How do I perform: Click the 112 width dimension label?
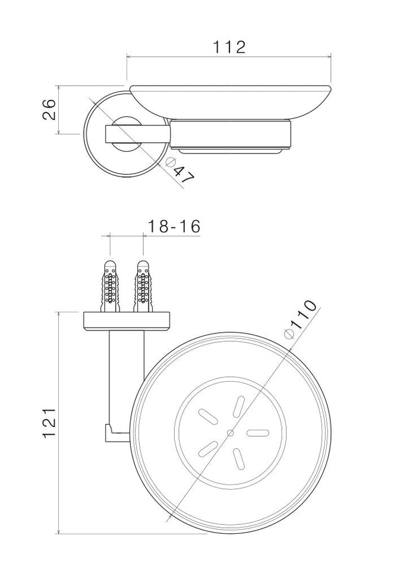pyautogui.click(x=229, y=48)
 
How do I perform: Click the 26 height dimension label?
pyautogui.click(x=49, y=109)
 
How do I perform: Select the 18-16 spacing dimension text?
pyautogui.click(x=174, y=226)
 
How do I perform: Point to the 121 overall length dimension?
pyautogui.click(x=49, y=423)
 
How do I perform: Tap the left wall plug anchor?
pyautogui.click(x=111, y=286)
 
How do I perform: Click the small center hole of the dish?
pyautogui.click(x=231, y=433)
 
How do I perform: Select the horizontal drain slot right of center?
pyautogui.click(x=258, y=433)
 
